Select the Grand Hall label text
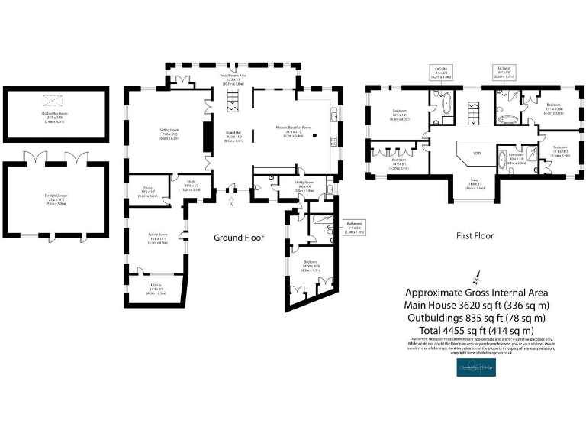(x=233, y=135)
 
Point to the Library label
(x=156, y=290)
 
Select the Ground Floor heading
(x=238, y=238)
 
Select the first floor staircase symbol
(x=472, y=115)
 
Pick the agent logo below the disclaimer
(x=477, y=368)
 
